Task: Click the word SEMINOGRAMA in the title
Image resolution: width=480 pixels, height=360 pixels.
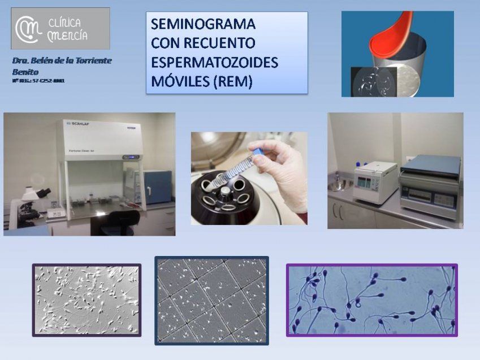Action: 203,25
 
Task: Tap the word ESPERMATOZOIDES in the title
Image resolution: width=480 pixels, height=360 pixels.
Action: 215,62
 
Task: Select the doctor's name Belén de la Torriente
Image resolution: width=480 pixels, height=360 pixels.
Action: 62,60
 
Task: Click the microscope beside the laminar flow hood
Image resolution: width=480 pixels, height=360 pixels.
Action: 33,201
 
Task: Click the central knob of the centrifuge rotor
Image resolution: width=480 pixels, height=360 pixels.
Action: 226,193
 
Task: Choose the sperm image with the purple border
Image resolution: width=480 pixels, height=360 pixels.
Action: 371,300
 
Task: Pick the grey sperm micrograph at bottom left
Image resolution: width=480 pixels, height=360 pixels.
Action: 87,300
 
